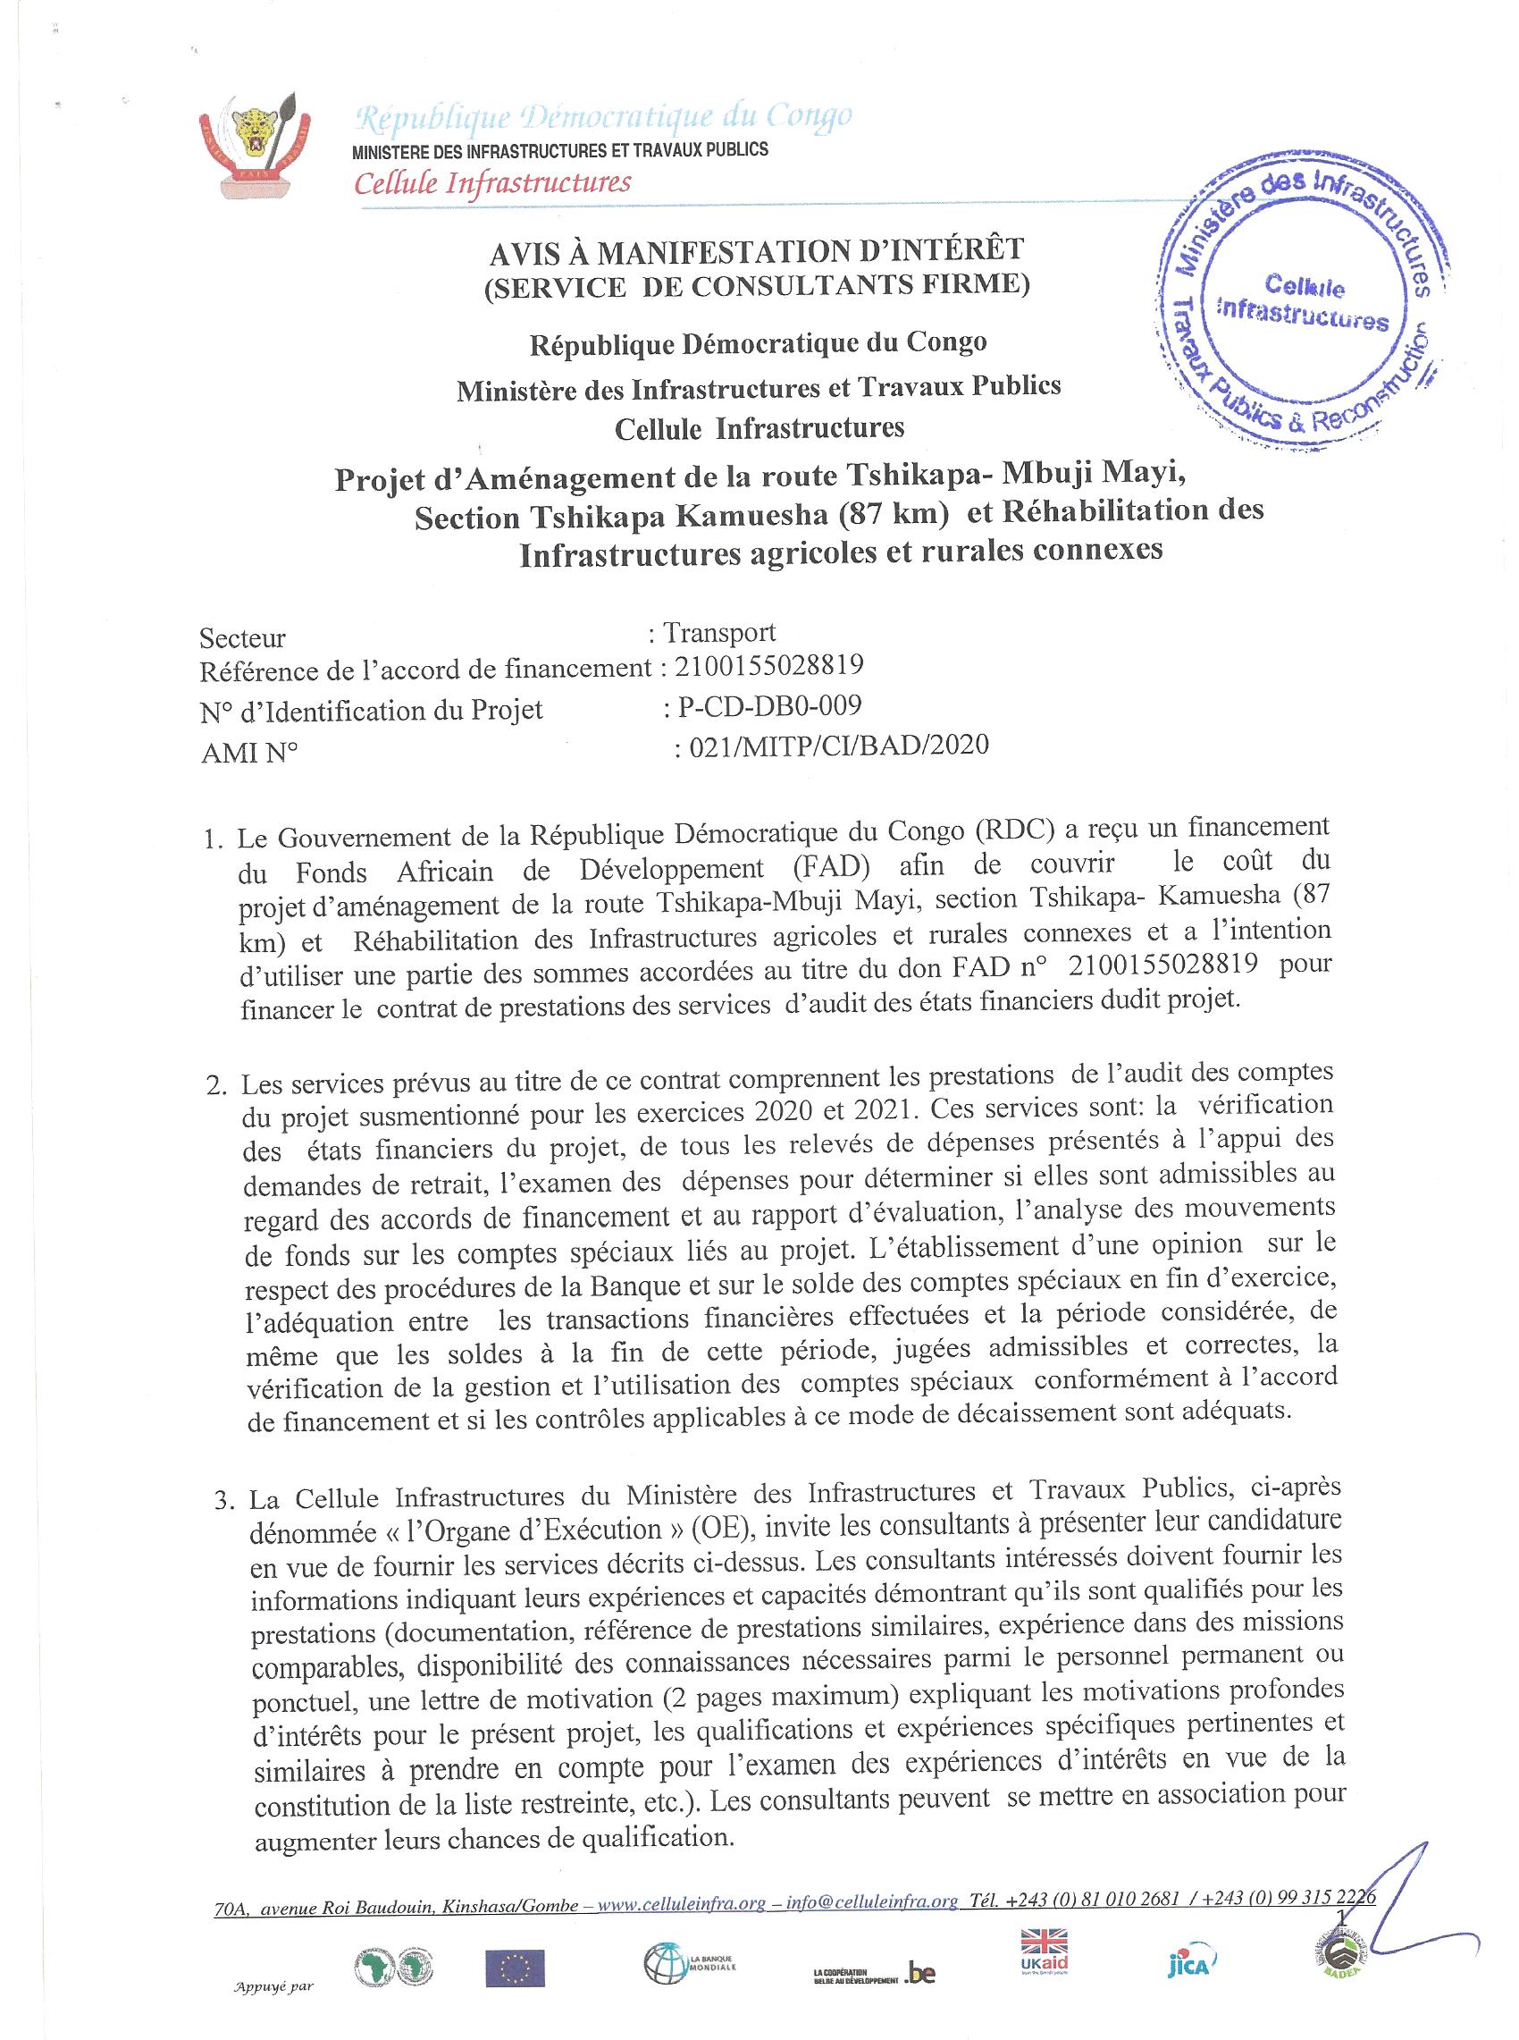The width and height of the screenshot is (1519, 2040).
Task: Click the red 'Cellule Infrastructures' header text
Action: (493, 182)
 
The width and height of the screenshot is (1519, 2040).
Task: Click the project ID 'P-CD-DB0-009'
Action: (769, 706)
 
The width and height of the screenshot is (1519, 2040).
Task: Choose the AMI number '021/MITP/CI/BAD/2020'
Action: (832, 744)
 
